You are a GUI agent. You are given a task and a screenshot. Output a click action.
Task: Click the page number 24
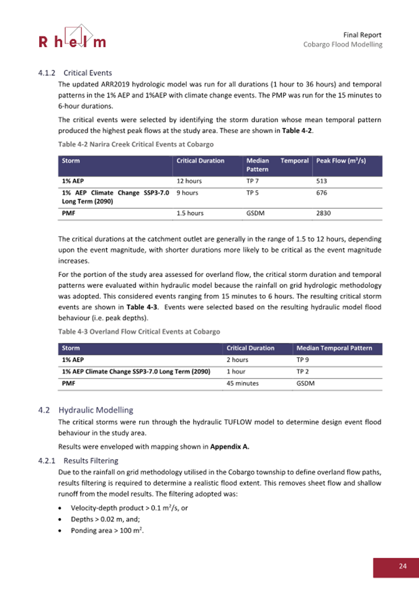click(402, 566)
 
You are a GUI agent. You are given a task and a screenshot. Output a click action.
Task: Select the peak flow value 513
click(322, 181)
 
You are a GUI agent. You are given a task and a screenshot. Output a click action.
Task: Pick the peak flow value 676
click(322, 193)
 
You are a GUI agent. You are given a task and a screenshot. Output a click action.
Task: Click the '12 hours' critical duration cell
click(189, 181)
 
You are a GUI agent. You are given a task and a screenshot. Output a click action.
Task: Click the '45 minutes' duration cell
click(243, 383)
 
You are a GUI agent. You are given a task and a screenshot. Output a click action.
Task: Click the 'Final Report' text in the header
click(362, 34)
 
